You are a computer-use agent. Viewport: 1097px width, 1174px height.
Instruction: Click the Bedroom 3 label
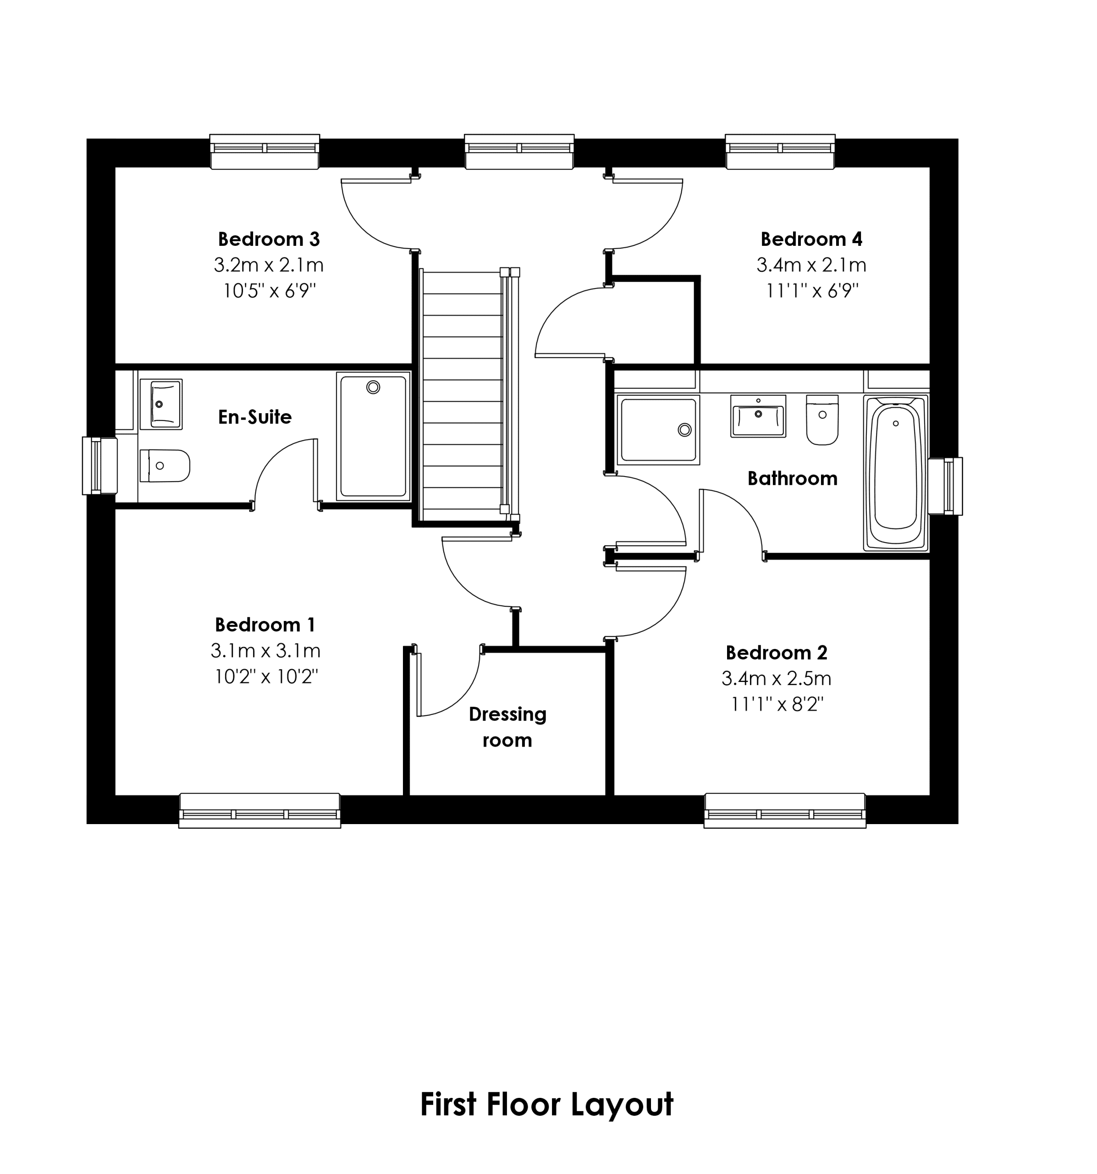269,239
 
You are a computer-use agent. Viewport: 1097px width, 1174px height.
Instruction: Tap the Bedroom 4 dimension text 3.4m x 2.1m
811,265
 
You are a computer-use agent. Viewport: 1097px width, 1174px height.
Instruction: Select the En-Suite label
254,417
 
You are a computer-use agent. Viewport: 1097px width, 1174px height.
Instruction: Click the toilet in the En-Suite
165,466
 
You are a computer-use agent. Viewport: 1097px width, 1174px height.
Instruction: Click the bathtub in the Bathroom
896,473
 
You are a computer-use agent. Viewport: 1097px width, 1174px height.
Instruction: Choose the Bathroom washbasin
758,416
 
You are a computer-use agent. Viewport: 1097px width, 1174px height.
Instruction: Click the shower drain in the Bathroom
684,430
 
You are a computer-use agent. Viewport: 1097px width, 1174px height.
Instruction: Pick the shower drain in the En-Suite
373,388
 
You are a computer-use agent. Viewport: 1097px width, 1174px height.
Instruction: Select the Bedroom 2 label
777,653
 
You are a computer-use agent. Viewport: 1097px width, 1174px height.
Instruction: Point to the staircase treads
462,396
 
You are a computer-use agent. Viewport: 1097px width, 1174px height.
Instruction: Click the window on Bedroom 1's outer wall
260,810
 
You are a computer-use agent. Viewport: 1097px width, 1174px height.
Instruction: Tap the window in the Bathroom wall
945,486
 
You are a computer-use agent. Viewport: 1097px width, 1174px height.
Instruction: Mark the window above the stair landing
519,152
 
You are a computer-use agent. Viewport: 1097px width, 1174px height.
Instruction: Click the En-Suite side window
100,465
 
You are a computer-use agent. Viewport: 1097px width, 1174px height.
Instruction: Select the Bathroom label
792,478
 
